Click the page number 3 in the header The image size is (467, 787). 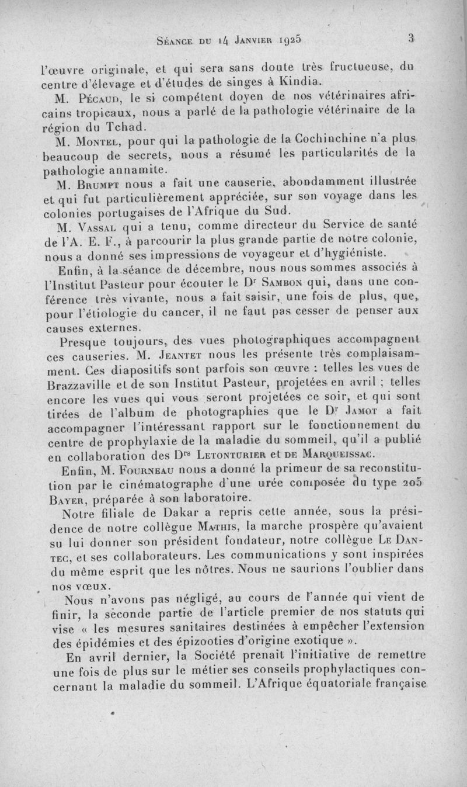411,39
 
